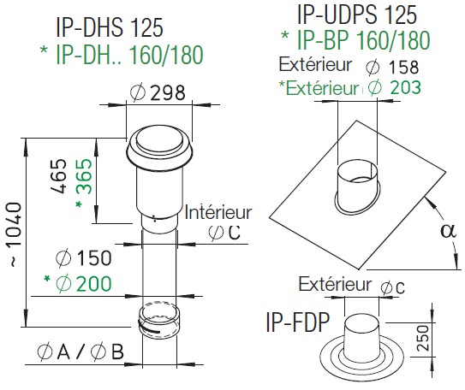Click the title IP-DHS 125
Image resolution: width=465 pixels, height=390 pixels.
110,27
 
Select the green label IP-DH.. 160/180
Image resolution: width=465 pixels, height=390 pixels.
129,55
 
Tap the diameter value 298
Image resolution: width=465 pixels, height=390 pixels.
168,92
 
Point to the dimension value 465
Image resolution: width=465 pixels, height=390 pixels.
58,176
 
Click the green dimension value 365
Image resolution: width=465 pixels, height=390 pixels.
85,176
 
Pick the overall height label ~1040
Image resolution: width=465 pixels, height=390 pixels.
15,234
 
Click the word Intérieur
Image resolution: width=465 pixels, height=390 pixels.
218,213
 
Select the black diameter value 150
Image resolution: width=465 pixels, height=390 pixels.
93,257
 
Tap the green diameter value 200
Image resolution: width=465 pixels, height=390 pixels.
93,283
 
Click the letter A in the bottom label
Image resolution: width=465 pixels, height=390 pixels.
63,352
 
